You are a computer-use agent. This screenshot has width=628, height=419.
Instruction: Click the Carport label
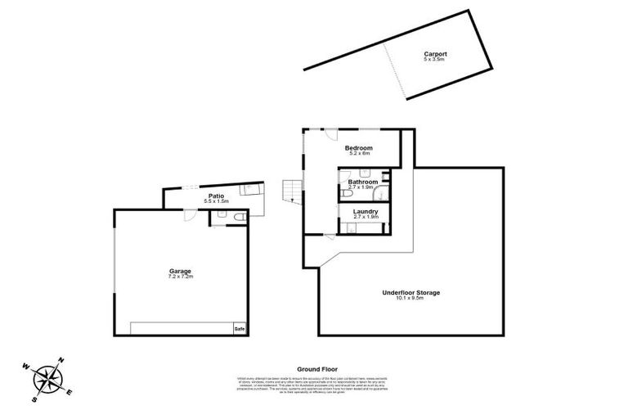(435, 54)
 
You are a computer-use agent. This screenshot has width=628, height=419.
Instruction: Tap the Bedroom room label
(359, 147)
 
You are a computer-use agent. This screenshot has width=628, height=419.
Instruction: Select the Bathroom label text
(362, 182)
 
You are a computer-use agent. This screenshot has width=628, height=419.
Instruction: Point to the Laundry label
(365, 211)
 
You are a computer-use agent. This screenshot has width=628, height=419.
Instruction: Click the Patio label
(216, 196)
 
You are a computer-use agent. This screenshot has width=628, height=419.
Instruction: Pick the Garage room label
(181, 271)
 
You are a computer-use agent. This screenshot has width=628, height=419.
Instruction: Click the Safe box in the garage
(240, 329)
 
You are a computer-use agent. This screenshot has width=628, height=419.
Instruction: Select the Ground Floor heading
(314, 369)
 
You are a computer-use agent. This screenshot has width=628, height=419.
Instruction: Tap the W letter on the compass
(27, 366)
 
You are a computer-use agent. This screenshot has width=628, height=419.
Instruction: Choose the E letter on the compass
(72, 390)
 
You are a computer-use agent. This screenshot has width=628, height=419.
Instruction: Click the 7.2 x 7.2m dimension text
(181, 277)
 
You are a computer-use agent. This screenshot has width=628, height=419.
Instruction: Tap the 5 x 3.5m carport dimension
(435, 61)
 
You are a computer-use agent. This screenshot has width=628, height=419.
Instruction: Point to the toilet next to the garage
(236, 217)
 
